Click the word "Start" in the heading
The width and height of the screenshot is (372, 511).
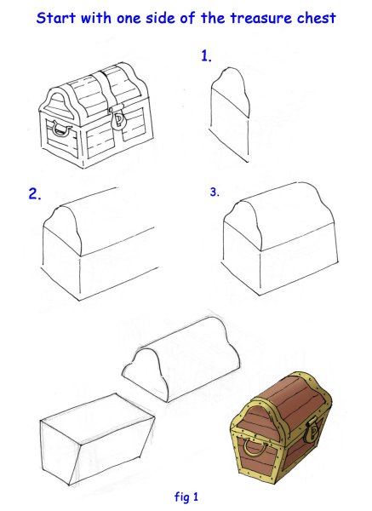point(56,18)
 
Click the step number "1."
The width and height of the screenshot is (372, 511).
point(206,56)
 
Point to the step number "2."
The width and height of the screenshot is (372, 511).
point(35,194)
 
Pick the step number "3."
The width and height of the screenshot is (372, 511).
point(215,192)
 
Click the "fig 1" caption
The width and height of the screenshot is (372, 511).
point(186,497)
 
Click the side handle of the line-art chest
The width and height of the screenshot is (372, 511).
point(61,128)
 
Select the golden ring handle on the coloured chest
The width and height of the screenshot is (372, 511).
point(253,447)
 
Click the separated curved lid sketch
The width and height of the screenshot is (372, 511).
point(181,359)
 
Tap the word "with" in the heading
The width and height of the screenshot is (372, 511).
point(96,18)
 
